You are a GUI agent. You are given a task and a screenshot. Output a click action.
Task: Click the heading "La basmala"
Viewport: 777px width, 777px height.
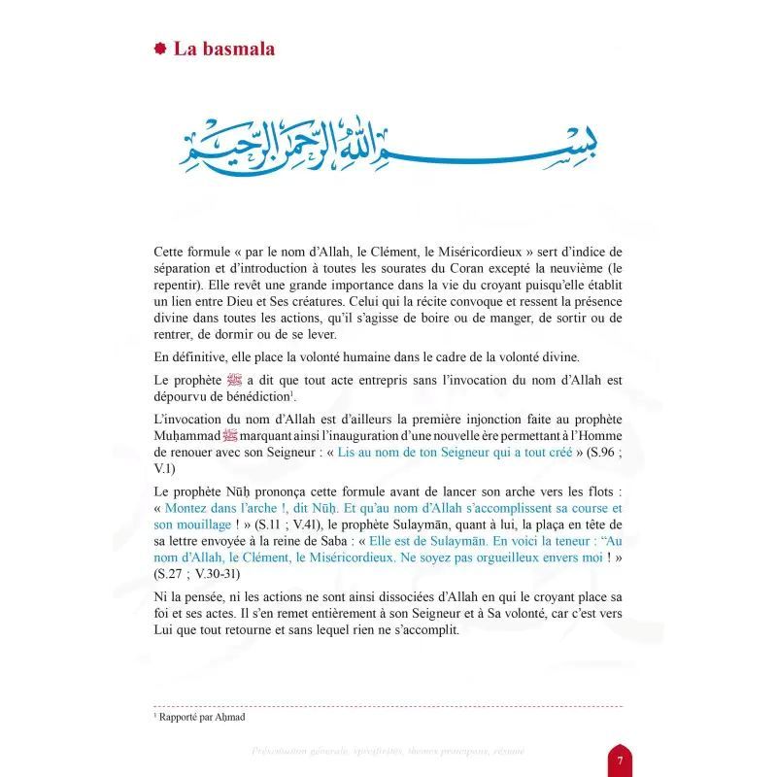tap(223, 49)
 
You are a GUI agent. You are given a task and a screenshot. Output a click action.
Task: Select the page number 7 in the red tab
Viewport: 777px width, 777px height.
tap(620, 757)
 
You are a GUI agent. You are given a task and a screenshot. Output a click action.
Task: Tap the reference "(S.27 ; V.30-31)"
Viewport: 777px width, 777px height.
tap(198, 573)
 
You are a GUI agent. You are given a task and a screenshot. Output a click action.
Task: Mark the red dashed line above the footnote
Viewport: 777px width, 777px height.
tap(388, 706)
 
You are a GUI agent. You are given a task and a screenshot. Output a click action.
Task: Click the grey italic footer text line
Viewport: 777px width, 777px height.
tap(388, 751)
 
